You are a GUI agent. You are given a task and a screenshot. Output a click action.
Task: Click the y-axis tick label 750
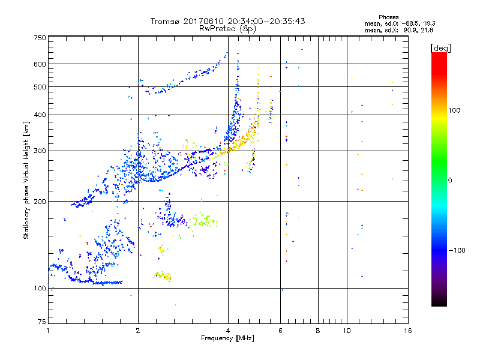(x=40, y=37)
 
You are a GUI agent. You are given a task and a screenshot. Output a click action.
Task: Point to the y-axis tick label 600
(x=40, y=64)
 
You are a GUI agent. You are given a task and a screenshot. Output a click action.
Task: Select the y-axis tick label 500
(x=40, y=87)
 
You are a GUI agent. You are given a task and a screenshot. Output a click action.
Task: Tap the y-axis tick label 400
(x=40, y=115)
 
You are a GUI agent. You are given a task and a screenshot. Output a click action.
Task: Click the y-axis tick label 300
(x=40, y=151)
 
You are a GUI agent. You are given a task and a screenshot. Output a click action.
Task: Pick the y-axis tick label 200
(x=40, y=201)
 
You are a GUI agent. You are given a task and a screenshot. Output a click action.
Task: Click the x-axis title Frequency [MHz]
(x=227, y=338)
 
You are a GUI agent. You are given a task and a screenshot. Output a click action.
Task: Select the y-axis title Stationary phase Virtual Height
(x=26, y=179)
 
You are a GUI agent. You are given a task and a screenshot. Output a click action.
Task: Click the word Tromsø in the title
(x=166, y=21)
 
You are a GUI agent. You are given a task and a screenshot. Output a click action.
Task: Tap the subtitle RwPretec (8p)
(x=227, y=28)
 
